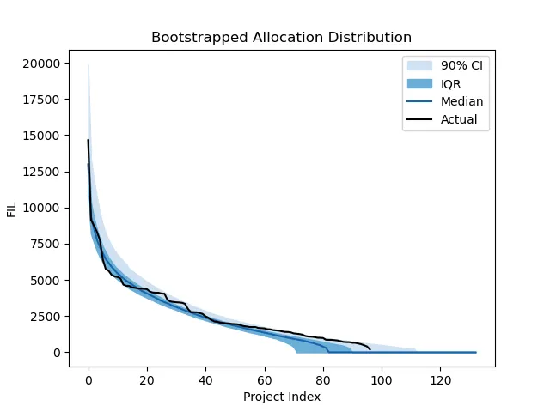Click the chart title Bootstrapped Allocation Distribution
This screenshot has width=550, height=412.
point(281,38)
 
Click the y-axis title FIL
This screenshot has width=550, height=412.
point(13,208)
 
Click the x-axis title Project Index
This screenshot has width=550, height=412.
point(281,397)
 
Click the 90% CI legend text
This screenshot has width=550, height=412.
point(461,65)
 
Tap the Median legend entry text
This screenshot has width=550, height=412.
point(461,101)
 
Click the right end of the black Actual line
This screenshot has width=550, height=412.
point(370,349)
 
